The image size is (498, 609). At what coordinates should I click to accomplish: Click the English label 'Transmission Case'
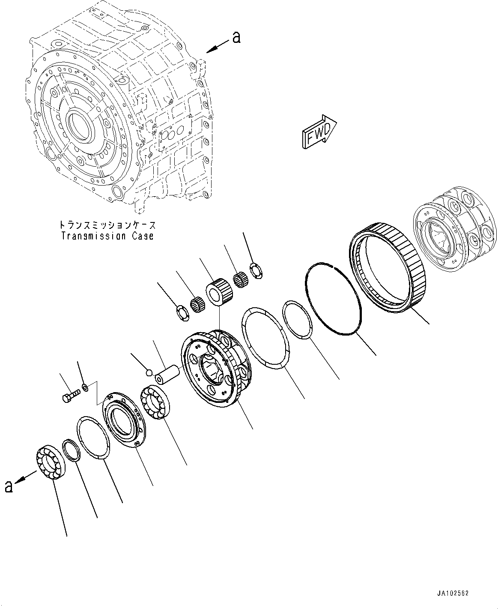pos(107,236)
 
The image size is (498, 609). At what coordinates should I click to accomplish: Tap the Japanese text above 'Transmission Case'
pos(107,225)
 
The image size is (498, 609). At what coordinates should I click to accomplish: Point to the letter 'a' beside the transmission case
pos(236,38)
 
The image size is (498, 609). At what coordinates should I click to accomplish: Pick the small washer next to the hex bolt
pos(86,387)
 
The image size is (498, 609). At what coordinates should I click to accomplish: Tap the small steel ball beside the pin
pos(149,373)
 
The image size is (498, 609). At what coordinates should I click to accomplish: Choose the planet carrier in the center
pos(217,369)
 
